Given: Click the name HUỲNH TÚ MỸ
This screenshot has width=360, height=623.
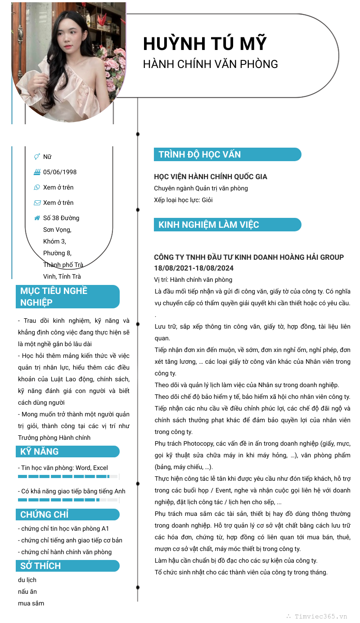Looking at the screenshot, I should tap(205, 44).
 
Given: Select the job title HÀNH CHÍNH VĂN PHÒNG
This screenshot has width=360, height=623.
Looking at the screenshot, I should tap(210, 64).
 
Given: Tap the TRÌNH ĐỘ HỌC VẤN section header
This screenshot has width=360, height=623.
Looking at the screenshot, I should tap(199, 154).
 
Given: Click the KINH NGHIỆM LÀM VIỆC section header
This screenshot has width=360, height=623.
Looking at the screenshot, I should tap(208, 225).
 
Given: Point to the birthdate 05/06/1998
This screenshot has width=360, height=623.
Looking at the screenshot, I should tap(60, 172).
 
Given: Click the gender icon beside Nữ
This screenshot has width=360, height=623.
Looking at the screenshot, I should tap(37, 157).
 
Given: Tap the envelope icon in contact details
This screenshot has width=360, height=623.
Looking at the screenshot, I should tap(37, 203).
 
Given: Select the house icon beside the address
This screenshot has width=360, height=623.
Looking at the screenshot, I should tap(37, 218).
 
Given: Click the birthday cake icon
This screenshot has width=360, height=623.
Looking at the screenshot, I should tap(37, 172).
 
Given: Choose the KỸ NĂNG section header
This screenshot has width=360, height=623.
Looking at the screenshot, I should tap(40, 451).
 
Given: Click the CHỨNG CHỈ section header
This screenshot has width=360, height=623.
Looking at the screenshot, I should tap(45, 515).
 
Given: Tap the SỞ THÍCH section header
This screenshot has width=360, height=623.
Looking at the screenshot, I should tap(40, 566).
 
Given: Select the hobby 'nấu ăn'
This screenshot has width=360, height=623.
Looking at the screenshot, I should tap(27, 591).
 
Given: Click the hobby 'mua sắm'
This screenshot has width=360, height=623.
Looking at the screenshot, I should tap(31, 603).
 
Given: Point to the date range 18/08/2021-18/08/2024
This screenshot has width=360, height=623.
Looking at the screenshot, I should tap(194, 268).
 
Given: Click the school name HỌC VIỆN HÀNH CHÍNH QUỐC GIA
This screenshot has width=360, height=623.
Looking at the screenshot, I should tap(211, 177).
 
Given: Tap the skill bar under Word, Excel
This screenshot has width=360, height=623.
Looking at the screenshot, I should tap(67, 476).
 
